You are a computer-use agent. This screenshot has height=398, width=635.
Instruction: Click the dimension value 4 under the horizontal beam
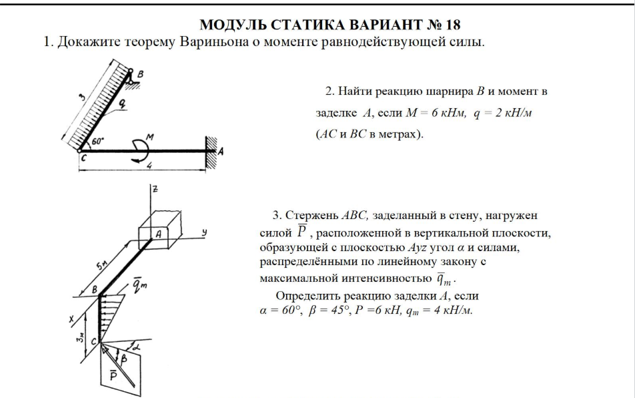click(x=149, y=164)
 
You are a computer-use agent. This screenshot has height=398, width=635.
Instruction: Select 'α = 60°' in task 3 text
click(x=280, y=311)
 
